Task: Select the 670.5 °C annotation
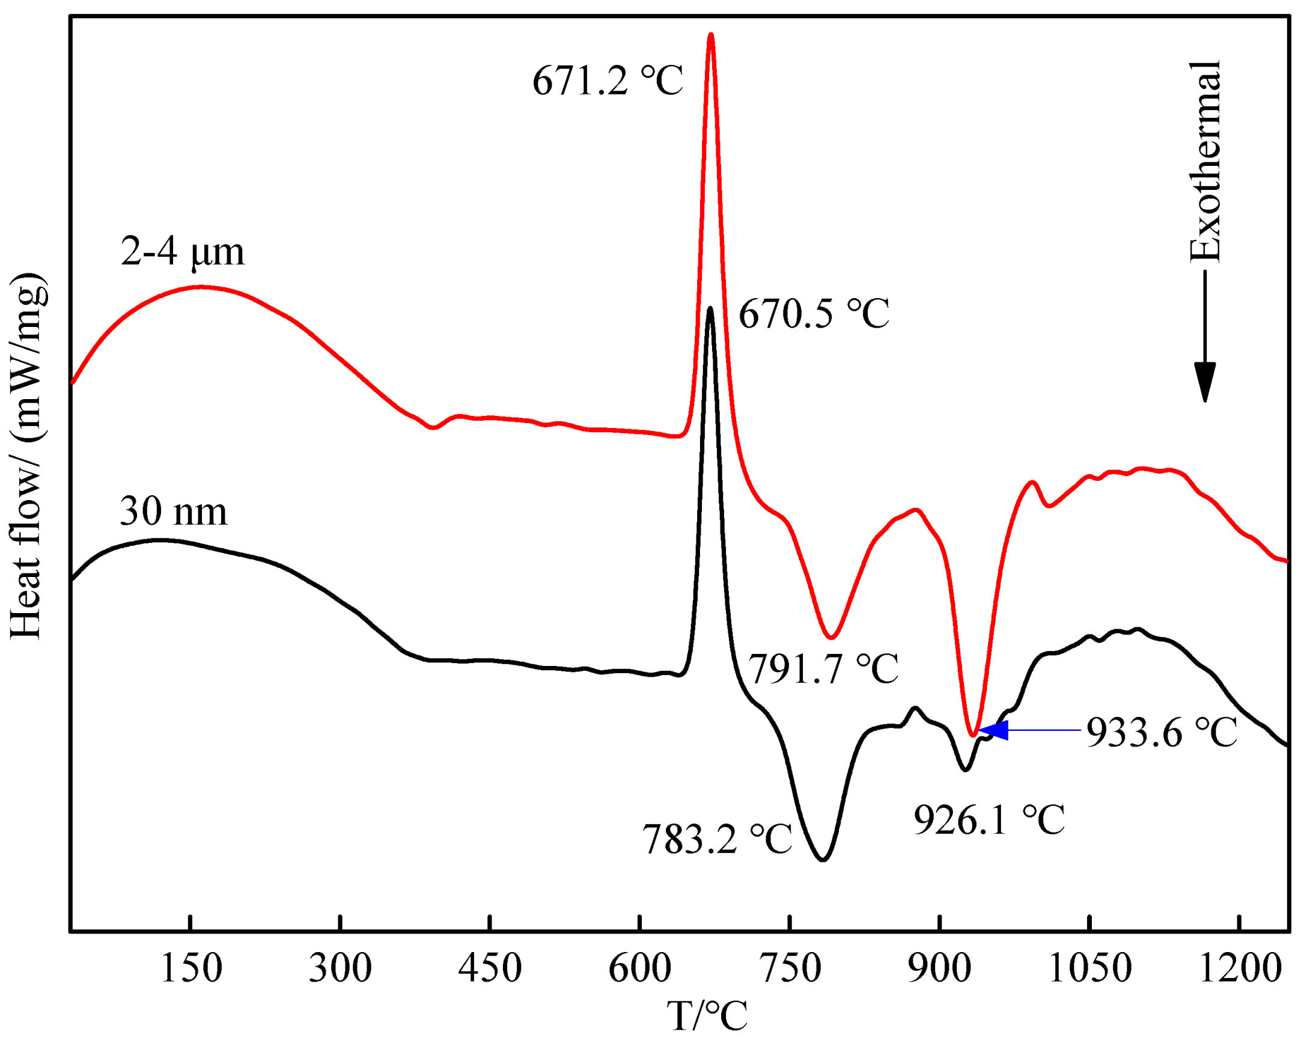[x=814, y=314]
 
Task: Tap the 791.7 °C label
[x=823, y=668]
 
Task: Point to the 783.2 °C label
[x=716, y=840]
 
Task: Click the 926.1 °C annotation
[x=989, y=820]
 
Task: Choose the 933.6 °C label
[x=1162, y=733]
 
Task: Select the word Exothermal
[x=1205, y=162]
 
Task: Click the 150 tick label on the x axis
[x=190, y=969]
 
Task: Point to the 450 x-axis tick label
[x=489, y=969]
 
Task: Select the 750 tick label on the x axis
[x=789, y=969]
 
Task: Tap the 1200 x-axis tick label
[x=1240, y=969]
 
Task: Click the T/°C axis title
[x=707, y=1016]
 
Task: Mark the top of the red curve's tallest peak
[x=711, y=35]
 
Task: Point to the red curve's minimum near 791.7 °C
[x=831, y=637]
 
